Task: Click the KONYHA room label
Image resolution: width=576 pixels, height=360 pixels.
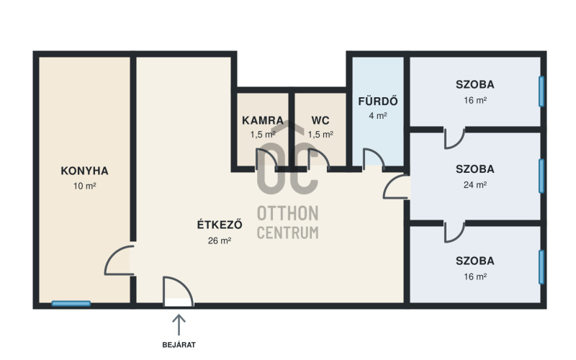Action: tap(84, 171)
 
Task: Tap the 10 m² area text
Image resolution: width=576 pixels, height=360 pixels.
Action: tap(84, 186)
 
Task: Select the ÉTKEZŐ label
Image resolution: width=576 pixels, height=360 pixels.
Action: tap(220, 224)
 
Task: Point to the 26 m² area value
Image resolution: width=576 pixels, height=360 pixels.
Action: tap(220, 240)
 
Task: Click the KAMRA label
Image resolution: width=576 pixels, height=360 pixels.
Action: tap(263, 120)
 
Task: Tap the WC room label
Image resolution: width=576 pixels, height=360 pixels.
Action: tap(320, 120)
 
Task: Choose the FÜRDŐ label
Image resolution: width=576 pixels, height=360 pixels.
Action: tap(378, 101)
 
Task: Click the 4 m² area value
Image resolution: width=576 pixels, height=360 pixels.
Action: tap(378, 116)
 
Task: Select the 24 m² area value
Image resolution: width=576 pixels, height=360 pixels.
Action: tap(475, 185)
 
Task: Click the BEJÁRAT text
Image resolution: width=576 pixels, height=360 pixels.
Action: tap(179, 345)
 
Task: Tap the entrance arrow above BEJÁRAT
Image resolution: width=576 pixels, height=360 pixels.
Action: tap(179, 325)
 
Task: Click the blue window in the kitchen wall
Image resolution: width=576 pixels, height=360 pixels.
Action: tap(71, 303)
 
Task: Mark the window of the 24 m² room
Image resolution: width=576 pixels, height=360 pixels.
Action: tap(541, 176)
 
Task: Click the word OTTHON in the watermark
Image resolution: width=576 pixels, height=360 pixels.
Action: tap(287, 213)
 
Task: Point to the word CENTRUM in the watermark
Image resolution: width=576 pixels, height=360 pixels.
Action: tap(287, 233)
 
